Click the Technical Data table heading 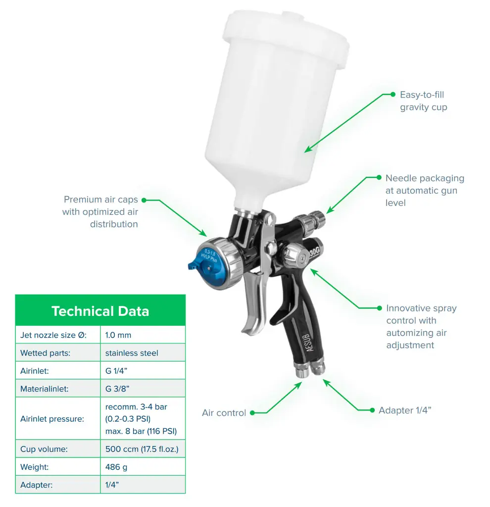[x=100, y=311]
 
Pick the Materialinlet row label [x=44, y=389]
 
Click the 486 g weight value [x=116, y=467]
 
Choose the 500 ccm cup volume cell [x=142, y=449]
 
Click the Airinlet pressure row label [x=52, y=419]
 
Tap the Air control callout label [x=224, y=413]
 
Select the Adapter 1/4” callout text [x=405, y=410]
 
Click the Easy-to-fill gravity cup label [x=424, y=101]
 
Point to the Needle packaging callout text [x=425, y=191]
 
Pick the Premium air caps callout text [x=100, y=212]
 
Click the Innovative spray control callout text [x=422, y=327]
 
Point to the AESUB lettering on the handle [x=309, y=343]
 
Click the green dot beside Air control [x=252, y=413]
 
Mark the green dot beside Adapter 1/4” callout [x=372, y=410]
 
